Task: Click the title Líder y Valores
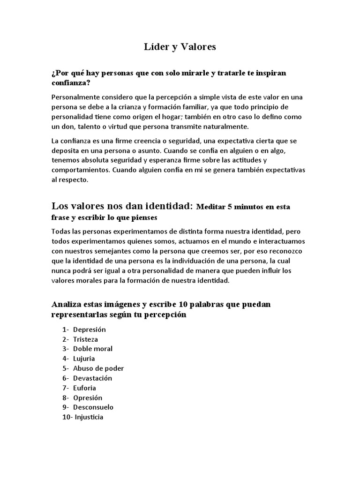[180, 47]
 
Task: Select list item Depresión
[90, 329]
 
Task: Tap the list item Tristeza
[85, 339]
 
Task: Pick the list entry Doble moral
[93, 349]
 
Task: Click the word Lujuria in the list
[84, 359]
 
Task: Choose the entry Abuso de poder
[98, 368]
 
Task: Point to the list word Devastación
[92, 378]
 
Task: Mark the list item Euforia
[84, 388]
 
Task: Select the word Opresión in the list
[88, 397]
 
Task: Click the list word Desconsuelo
[93, 407]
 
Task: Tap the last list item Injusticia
[88, 417]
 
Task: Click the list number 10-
[66, 417]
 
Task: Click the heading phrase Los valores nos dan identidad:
[122, 206]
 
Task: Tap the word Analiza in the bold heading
[66, 304]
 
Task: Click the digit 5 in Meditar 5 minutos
[229, 207]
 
